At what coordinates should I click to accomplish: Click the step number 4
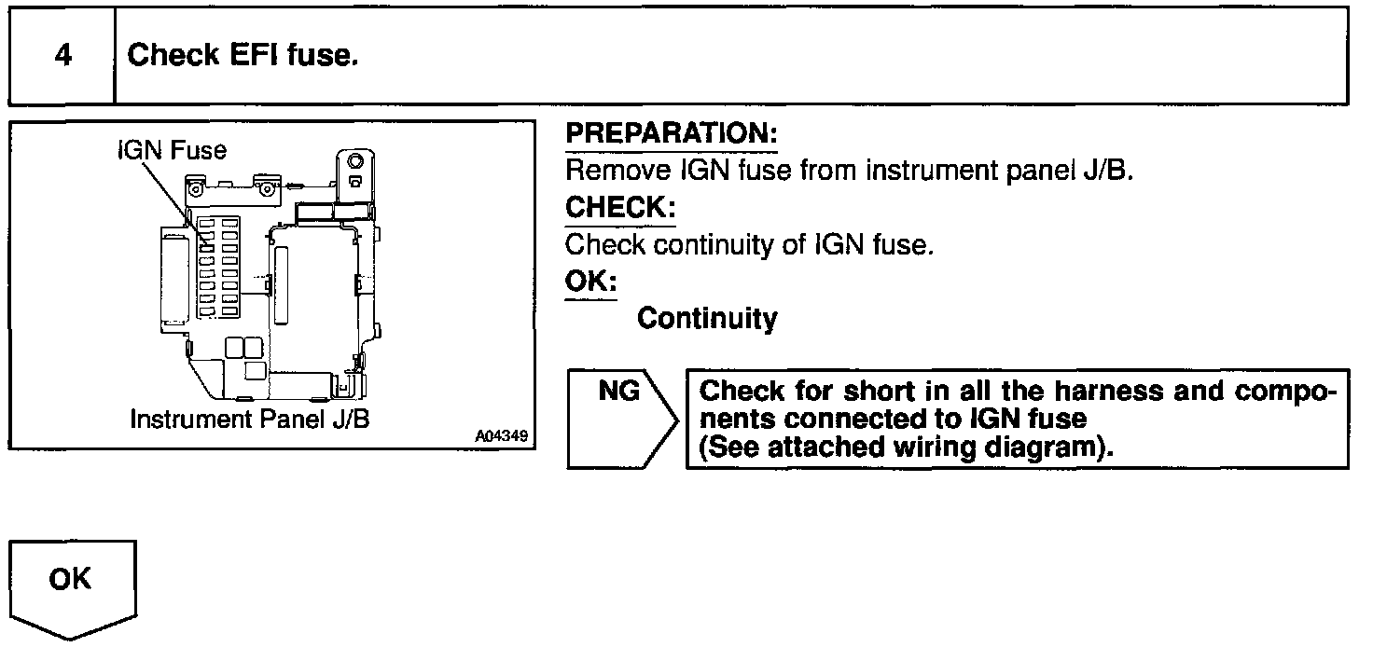click(x=62, y=56)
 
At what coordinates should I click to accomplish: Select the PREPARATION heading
click(x=672, y=133)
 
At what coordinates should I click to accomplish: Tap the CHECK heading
click(x=620, y=208)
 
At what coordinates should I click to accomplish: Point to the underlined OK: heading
click(x=591, y=282)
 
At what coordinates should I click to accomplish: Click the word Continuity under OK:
click(x=706, y=319)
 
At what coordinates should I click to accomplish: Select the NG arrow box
click(x=621, y=418)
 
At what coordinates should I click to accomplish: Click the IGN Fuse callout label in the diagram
click(x=172, y=150)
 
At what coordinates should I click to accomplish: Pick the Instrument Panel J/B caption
click(x=250, y=419)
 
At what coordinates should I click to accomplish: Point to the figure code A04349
click(x=499, y=436)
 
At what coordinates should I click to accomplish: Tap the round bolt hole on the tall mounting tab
click(x=354, y=162)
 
